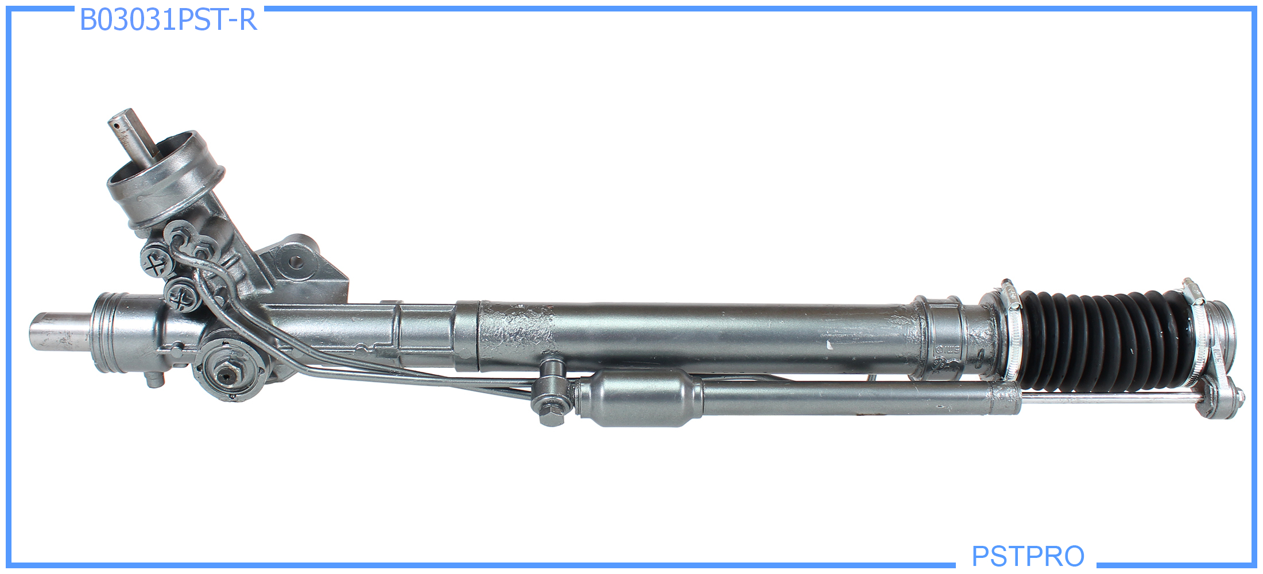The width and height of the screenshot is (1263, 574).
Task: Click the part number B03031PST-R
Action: point(168,20)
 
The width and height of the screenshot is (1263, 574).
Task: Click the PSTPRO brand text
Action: point(1028,556)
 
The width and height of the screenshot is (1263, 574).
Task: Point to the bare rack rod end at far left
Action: point(60,332)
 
